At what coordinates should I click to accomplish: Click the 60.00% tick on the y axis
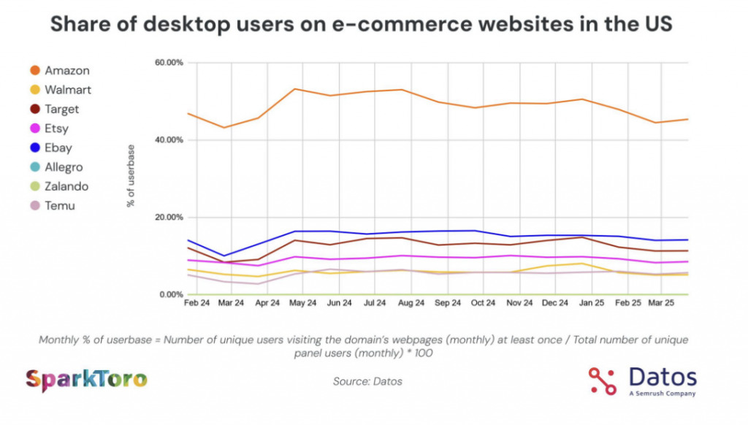(169, 63)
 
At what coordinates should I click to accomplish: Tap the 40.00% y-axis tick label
(169, 140)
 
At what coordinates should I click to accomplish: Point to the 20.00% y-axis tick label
(169, 218)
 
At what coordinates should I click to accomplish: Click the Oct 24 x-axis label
(484, 302)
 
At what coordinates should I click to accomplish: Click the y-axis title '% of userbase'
(131, 175)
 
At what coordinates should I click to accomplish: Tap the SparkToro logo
(86, 380)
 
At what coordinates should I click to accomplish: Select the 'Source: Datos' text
(367, 381)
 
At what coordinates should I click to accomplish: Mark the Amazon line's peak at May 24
(294, 89)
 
